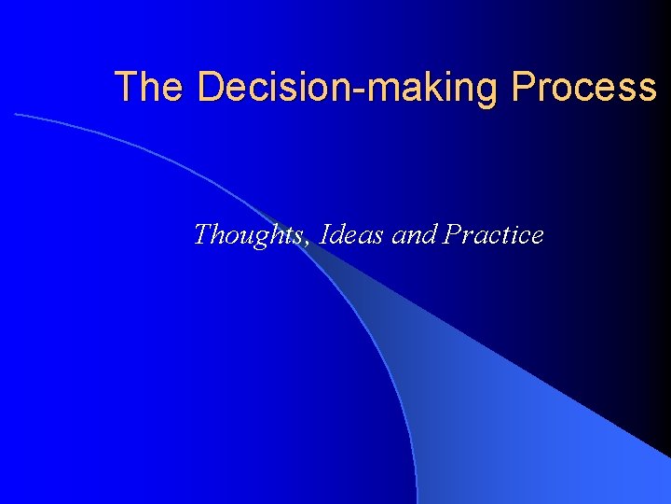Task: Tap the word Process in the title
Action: [x=584, y=87]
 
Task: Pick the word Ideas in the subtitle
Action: [x=351, y=234]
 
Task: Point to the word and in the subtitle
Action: [x=415, y=234]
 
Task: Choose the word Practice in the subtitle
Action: [x=494, y=234]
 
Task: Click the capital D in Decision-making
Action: [x=211, y=87]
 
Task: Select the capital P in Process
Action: [x=524, y=87]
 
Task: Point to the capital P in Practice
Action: [x=454, y=234]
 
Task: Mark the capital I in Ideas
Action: [x=324, y=234]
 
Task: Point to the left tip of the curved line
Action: [x=15, y=114]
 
